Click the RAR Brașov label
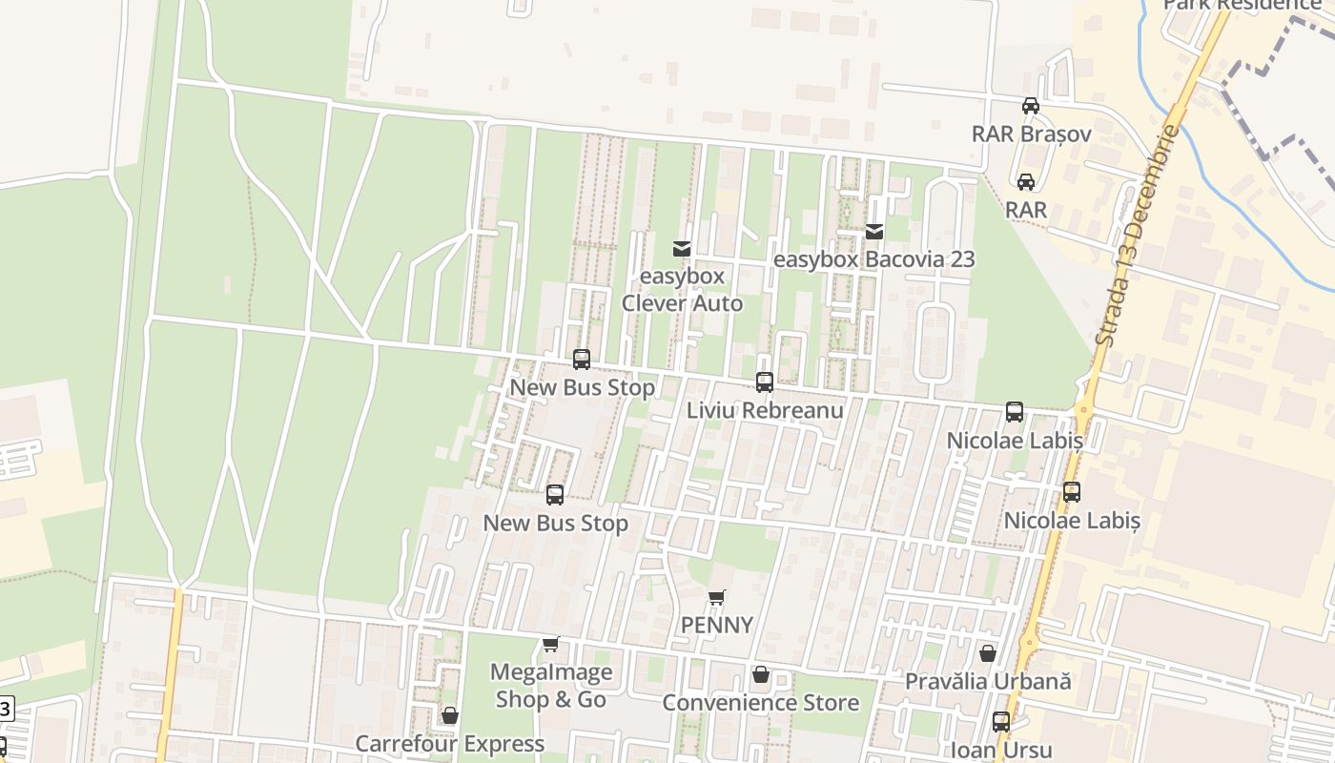1031,134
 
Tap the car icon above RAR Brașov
1030,106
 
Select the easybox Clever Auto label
682,290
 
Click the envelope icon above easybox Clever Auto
681,249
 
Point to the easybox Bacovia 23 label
873,259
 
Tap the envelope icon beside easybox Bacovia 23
874,231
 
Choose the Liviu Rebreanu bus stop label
765,410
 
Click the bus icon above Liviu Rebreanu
765,382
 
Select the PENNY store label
717,626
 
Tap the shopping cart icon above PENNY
716,598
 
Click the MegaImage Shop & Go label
551,686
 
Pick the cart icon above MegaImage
550,645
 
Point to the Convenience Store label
760,703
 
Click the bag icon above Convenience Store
760,675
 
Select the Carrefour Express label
449,743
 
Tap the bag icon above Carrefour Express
449,715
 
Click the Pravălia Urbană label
988,682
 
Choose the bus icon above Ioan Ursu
1001,722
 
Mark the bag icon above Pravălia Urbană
988,653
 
